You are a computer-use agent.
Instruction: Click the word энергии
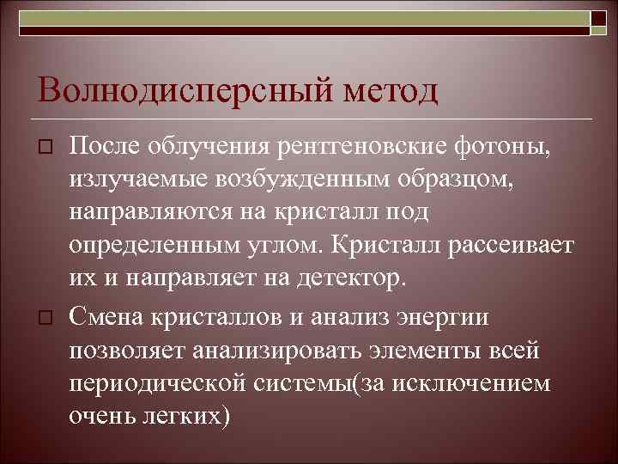click(440, 315)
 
